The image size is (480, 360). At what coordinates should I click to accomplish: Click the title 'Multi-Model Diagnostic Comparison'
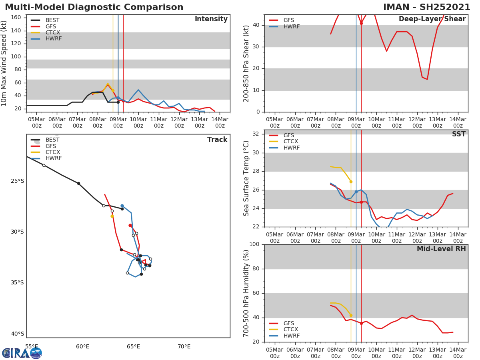point(94,7)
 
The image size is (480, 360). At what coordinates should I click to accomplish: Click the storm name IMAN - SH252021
point(426,7)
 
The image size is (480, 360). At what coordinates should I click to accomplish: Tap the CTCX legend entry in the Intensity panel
point(52,32)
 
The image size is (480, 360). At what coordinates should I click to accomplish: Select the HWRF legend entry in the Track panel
point(53,158)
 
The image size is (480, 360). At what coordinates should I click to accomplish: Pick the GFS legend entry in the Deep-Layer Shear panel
point(288,20)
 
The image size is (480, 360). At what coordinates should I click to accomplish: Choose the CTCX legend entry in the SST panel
point(290,142)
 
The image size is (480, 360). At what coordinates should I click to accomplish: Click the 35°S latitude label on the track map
point(17,282)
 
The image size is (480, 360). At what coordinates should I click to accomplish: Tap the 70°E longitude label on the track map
point(184,346)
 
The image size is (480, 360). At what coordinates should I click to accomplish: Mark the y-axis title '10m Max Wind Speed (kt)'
point(4,63)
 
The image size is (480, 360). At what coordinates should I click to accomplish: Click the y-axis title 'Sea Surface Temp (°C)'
point(246,178)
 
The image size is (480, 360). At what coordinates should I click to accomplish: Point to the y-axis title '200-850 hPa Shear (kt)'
point(246,63)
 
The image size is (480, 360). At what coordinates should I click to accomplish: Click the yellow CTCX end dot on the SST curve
point(351,182)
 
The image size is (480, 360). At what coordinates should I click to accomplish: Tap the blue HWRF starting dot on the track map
point(122,206)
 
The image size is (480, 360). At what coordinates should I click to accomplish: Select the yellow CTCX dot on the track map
point(112,216)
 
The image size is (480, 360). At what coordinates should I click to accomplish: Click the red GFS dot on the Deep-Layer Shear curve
point(361,23)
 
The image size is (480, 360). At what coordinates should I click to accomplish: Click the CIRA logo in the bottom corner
point(22,353)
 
